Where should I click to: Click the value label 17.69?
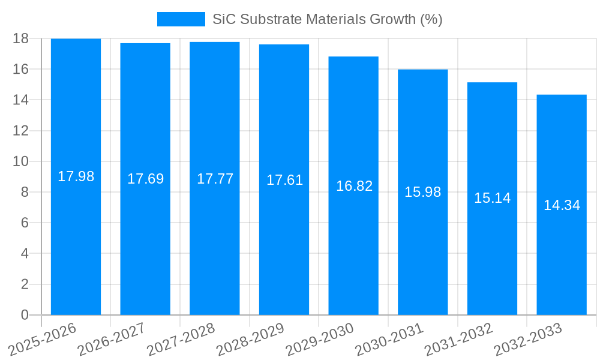pyautogui.click(x=145, y=179)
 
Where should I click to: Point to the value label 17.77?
pyautogui.click(x=215, y=179)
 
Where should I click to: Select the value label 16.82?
pyautogui.click(x=354, y=186)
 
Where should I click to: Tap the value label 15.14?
pyautogui.click(x=492, y=198)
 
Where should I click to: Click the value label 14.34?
pyautogui.click(x=562, y=205)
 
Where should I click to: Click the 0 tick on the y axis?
pyautogui.click(x=25, y=315)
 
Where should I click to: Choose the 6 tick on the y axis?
pyautogui.click(x=25, y=223)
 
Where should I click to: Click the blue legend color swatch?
pyautogui.click(x=181, y=19)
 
